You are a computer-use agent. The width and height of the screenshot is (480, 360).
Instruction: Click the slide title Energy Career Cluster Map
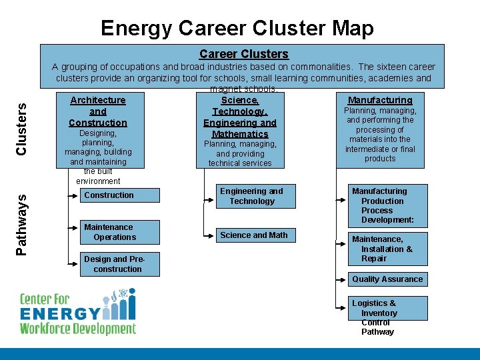tap(237, 28)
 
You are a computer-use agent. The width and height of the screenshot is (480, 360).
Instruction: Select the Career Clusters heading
tap(243, 54)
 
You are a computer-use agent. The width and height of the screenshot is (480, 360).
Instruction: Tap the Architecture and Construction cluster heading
tap(97, 111)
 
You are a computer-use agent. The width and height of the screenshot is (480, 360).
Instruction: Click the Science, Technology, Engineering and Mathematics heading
tap(239, 117)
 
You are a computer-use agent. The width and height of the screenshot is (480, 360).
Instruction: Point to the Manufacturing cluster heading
tap(380, 100)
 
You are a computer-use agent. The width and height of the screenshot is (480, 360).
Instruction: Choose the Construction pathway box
tap(121, 195)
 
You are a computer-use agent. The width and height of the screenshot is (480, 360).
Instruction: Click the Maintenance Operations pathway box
tap(121, 232)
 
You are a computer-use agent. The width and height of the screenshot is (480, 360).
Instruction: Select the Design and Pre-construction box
tap(121, 264)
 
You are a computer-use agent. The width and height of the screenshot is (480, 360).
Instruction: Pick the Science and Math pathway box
tap(253, 235)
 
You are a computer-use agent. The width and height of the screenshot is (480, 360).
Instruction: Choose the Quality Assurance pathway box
tap(387, 279)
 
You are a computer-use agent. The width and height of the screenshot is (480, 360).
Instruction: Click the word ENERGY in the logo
tap(60, 313)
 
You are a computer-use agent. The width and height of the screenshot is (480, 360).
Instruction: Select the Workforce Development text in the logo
tap(77, 328)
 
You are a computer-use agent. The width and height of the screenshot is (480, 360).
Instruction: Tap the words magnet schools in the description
tap(243, 89)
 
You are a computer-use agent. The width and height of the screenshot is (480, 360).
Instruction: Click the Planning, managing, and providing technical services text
tap(239, 153)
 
